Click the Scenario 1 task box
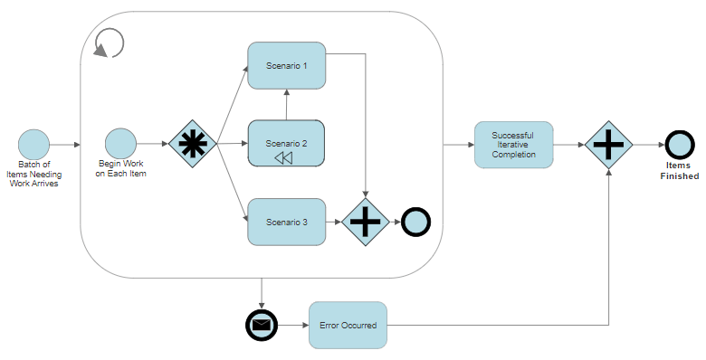(x=286, y=65)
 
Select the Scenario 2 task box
(x=286, y=143)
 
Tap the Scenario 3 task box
(x=286, y=222)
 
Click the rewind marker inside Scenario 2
(x=284, y=157)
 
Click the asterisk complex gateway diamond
(x=192, y=144)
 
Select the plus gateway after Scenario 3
(x=365, y=222)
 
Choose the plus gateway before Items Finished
(x=608, y=144)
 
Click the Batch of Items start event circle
(x=33, y=144)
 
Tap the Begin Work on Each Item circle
(x=119, y=144)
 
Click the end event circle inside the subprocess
(x=415, y=222)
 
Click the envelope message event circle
(x=262, y=325)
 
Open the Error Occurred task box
(x=348, y=325)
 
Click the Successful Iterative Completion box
(x=513, y=144)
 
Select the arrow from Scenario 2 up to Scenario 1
(x=286, y=105)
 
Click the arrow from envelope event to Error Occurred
(x=292, y=325)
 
